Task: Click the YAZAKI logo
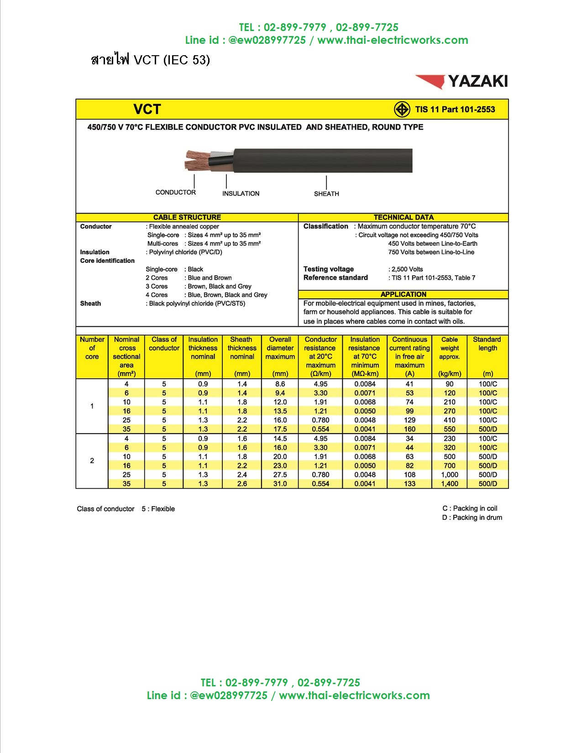point(461,81)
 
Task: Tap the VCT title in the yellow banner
point(147,109)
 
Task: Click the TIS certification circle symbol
point(402,110)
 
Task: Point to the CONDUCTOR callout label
point(175,192)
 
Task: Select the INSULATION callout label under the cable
point(241,193)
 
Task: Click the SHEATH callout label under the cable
point(326,193)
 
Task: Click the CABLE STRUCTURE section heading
point(187,217)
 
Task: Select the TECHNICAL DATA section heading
point(404,217)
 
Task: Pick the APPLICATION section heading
point(404,294)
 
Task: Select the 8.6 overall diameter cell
point(280,384)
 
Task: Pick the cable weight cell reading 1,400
point(449,484)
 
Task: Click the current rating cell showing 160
point(409,429)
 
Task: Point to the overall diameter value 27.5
point(280,475)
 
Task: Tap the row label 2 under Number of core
point(92,461)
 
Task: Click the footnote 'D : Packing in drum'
point(472,518)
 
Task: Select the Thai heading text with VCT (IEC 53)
point(151,60)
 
